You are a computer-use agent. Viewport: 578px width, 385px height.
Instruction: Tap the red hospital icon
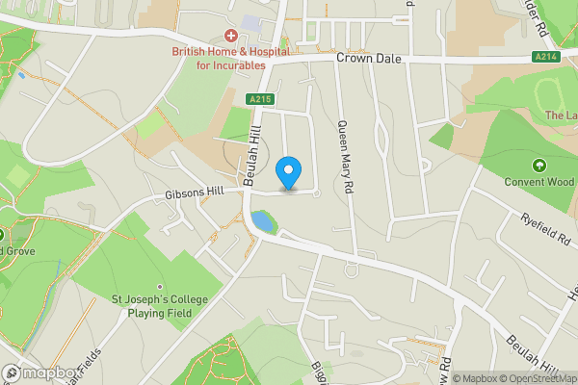(231, 35)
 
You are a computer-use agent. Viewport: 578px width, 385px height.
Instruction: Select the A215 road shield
(258, 99)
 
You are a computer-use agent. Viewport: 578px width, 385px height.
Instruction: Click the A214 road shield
(545, 59)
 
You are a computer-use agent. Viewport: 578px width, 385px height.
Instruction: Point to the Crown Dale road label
(368, 59)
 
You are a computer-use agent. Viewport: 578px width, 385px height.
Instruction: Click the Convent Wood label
(539, 182)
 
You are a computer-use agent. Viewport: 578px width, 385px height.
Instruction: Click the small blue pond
(262, 223)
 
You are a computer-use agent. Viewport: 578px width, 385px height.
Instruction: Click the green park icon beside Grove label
(2, 234)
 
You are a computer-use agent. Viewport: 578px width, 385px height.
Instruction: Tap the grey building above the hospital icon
(251, 21)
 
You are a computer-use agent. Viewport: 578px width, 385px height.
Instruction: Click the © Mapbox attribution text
(479, 378)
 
